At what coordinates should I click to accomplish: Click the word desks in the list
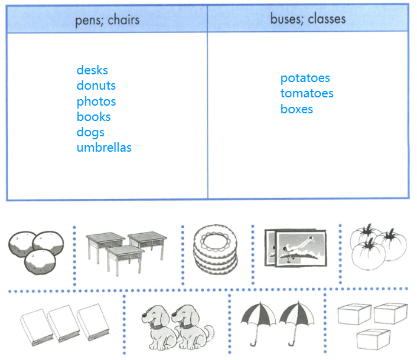click(92, 70)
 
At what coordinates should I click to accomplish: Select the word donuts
click(96, 86)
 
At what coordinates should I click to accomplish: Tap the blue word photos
click(96, 102)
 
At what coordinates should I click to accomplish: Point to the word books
click(93, 117)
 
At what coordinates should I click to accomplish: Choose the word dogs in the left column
click(90, 132)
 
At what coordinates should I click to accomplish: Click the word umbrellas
click(104, 148)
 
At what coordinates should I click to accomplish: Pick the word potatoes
click(305, 78)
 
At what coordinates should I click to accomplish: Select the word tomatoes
click(307, 93)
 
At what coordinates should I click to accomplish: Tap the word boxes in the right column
click(297, 109)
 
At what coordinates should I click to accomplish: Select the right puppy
click(194, 327)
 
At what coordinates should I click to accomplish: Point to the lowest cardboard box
click(373, 338)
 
